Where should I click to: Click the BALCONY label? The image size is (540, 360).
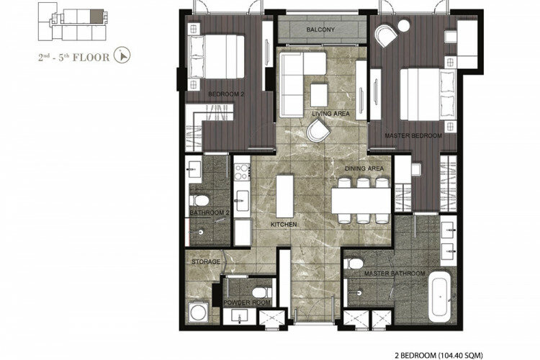(320, 30)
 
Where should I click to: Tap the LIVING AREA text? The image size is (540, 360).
(330, 114)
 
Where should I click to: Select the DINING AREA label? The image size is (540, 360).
(364, 168)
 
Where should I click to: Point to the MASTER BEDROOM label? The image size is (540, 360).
(413, 136)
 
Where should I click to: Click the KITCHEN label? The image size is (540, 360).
(284, 225)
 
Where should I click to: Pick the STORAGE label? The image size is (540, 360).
(206, 262)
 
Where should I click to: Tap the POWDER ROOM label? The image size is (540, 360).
(247, 303)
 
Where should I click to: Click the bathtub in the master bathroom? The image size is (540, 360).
(440, 297)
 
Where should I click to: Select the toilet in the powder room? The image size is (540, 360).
(262, 292)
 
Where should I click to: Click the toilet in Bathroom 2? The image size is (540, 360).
(199, 200)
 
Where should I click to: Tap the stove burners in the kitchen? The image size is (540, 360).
(242, 172)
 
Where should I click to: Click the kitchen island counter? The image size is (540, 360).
(285, 197)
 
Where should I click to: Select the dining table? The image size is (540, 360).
(361, 200)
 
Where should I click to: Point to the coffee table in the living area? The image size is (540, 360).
(319, 95)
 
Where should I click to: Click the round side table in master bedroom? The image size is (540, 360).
(404, 26)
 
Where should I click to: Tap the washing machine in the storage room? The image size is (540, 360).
(199, 312)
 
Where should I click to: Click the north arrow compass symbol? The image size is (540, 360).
(122, 55)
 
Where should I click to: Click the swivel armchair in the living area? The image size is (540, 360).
(318, 130)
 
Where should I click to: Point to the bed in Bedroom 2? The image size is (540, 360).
(217, 56)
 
